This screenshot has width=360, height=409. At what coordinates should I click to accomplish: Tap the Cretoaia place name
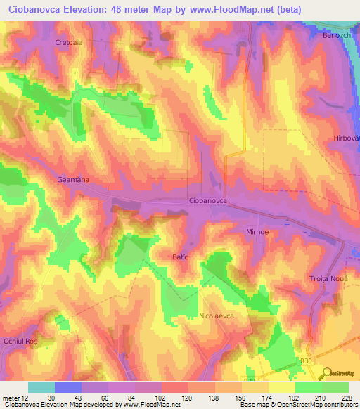pos(69,43)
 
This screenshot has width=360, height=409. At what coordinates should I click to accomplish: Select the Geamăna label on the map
pos(72,180)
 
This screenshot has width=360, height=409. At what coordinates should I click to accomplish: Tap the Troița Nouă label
pos(329,279)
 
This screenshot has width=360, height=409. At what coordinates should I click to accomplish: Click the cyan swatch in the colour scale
pos(41,387)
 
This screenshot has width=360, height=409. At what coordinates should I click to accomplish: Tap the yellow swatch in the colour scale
pos(281,387)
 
